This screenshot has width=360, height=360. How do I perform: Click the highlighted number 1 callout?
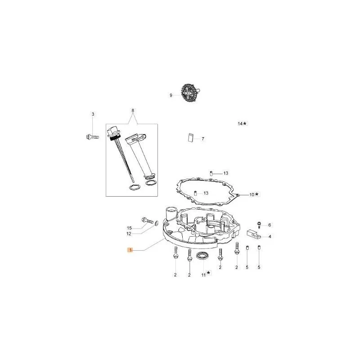[130, 250]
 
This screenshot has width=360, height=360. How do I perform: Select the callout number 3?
[93, 114]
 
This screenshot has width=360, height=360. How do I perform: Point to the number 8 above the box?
[133, 110]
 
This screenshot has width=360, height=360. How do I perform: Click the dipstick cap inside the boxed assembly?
[113, 133]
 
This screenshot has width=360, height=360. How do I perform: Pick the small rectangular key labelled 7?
[190, 138]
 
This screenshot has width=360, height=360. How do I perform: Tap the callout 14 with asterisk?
[243, 123]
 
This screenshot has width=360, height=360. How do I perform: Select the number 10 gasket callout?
[254, 194]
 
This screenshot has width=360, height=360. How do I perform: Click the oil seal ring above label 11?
[202, 256]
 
